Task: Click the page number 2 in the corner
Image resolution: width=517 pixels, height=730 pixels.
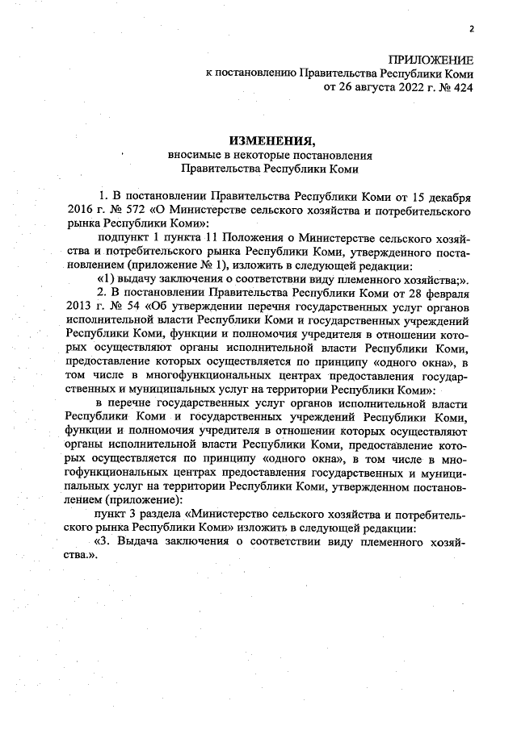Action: point(471,30)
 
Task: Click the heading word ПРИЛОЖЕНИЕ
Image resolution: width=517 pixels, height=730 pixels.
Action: point(430,60)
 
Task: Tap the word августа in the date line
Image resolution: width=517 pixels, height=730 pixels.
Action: point(368,87)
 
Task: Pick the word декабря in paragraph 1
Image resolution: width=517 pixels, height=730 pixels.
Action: point(448,197)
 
